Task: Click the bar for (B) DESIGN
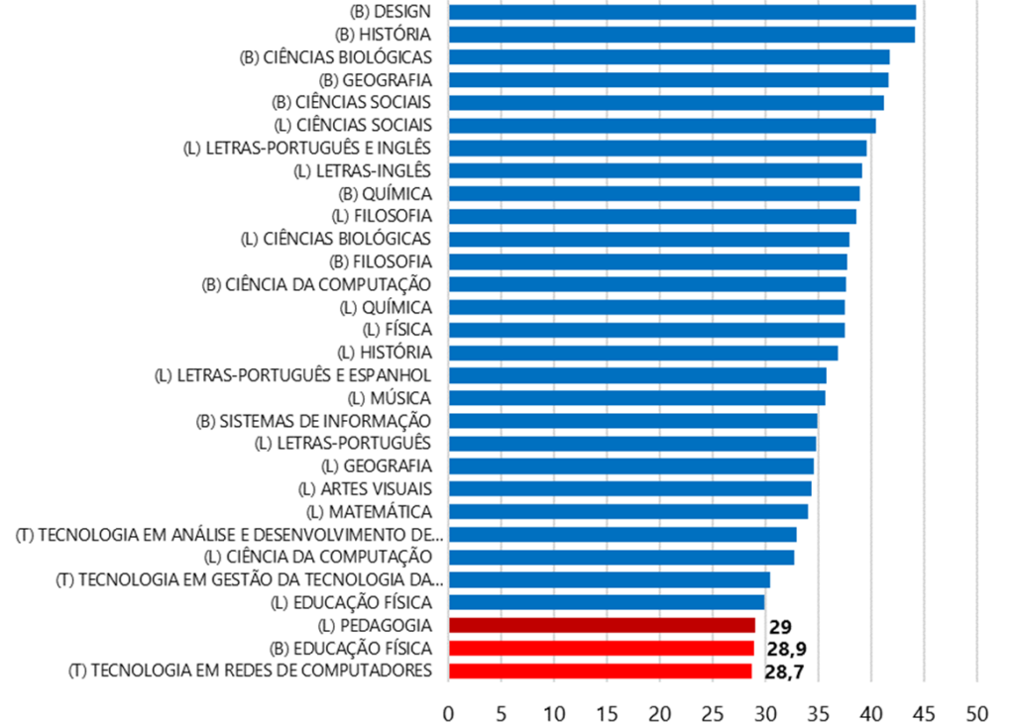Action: (682, 12)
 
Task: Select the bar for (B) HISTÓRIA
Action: (682, 35)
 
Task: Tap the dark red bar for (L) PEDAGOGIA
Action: (602, 625)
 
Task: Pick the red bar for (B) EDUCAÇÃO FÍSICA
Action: (601, 648)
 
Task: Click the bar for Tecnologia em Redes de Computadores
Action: (600, 671)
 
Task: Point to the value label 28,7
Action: (783, 672)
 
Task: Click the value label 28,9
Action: (785, 649)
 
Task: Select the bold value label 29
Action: (779, 626)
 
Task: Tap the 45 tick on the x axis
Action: (924, 712)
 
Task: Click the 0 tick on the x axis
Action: (449, 712)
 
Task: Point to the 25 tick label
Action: (713, 712)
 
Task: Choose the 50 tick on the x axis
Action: (977, 712)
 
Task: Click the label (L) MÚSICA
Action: (383, 398)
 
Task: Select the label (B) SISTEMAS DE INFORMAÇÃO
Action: (314, 421)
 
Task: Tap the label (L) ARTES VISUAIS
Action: (365, 488)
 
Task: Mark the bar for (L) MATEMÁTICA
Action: (628, 511)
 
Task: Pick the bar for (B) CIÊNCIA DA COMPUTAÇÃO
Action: (647, 284)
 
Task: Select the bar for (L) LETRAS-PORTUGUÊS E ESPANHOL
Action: (637, 375)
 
